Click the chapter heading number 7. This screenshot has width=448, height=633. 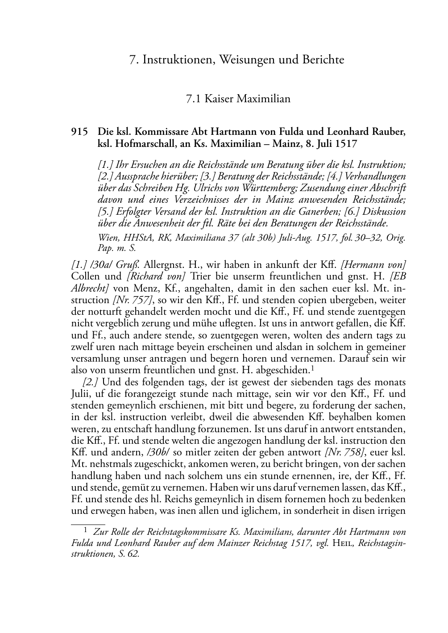(132, 60)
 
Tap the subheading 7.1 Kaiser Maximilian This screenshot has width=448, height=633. (238, 99)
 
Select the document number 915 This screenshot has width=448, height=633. (79, 133)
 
